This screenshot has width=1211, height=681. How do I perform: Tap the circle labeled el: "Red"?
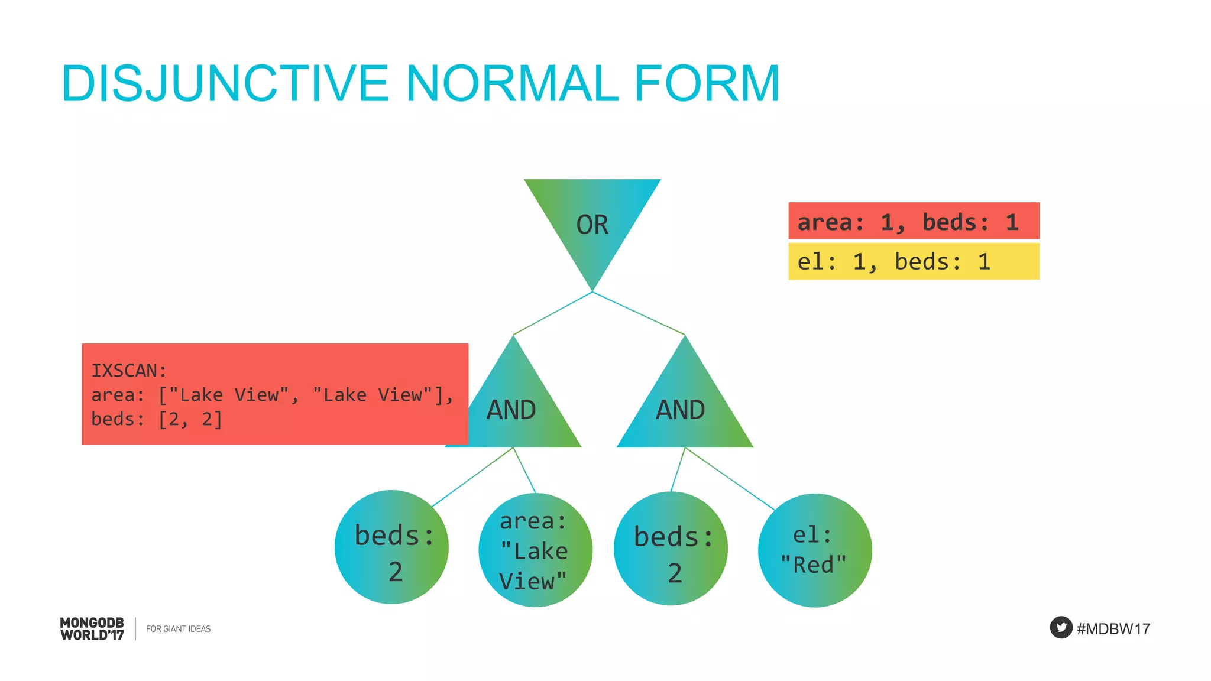point(814,550)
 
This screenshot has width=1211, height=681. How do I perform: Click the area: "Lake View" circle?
point(535,550)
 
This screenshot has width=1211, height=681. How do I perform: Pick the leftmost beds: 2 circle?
point(391,547)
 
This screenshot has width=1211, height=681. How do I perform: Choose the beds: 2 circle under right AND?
point(671,548)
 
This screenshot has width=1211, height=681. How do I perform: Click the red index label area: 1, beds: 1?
point(913,221)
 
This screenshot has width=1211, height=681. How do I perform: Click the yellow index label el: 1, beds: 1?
point(913,261)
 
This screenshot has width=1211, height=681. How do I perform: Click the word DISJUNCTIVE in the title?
point(224,83)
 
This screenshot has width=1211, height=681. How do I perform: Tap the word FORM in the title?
point(707,83)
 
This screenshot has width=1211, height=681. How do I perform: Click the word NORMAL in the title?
point(511,83)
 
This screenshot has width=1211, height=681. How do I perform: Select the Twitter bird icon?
point(1061,627)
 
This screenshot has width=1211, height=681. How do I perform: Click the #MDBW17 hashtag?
point(1113,628)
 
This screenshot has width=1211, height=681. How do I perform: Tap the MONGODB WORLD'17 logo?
point(92,628)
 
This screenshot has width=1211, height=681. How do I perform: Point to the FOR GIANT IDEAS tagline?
point(178,629)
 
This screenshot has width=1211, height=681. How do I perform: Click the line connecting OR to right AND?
point(639,313)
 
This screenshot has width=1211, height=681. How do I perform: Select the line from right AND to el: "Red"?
point(730,479)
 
